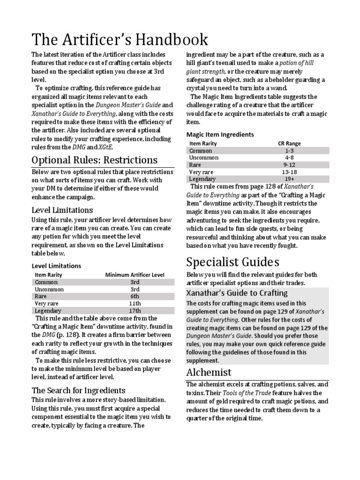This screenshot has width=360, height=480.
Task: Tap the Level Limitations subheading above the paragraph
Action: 62,210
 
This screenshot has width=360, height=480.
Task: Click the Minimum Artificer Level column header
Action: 135,275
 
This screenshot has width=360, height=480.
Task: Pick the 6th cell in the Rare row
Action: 135,296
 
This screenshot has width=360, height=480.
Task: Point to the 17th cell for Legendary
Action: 135,310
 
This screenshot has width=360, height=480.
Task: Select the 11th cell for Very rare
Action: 135,303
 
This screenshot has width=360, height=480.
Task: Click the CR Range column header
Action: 289,143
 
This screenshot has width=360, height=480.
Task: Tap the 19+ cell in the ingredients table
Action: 289,179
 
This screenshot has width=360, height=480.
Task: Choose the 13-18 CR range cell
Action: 289,172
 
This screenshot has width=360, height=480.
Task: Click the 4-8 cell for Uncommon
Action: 289,157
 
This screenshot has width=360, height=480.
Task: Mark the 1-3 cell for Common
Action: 289,150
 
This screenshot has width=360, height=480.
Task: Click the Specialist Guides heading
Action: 233,261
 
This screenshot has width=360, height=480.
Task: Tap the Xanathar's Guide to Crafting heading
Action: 237,293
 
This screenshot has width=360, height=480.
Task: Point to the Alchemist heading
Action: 209,372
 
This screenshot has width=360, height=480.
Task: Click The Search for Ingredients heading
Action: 78,390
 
